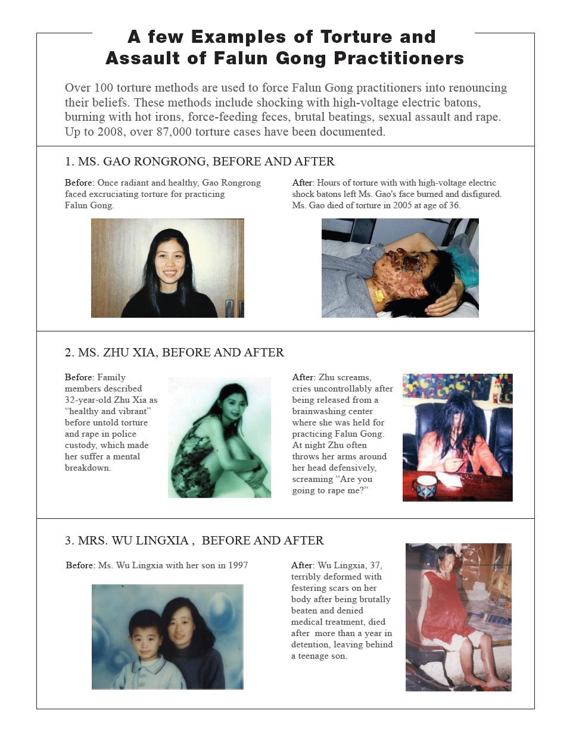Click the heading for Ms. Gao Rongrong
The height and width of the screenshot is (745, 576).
(x=200, y=161)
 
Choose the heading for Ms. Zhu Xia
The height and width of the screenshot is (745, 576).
(x=175, y=352)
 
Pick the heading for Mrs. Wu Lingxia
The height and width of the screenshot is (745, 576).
(x=194, y=540)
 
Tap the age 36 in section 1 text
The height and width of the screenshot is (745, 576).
(x=453, y=205)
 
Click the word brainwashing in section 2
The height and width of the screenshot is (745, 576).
(x=332, y=411)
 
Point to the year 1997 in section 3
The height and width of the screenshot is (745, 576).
(x=238, y=565)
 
